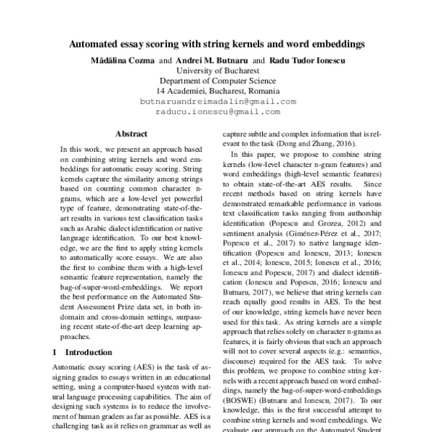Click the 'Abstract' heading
(131, 134)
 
